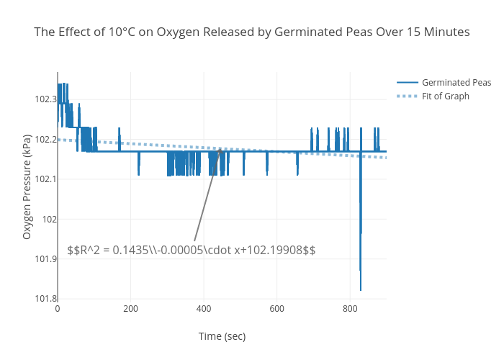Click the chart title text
252,32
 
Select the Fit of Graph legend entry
446,96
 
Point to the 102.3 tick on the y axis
45,99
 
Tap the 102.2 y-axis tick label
45,139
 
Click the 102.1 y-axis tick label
45,179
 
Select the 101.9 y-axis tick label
45,259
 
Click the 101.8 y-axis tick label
45,299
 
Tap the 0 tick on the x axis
58,309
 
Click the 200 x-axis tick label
130,309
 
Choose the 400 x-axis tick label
204,309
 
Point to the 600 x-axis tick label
276,309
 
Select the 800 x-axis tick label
350,309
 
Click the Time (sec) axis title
222,336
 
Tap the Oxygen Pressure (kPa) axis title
27,186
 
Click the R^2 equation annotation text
192,250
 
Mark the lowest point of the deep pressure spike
361,290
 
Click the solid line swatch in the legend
407,83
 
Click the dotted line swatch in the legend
407,96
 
